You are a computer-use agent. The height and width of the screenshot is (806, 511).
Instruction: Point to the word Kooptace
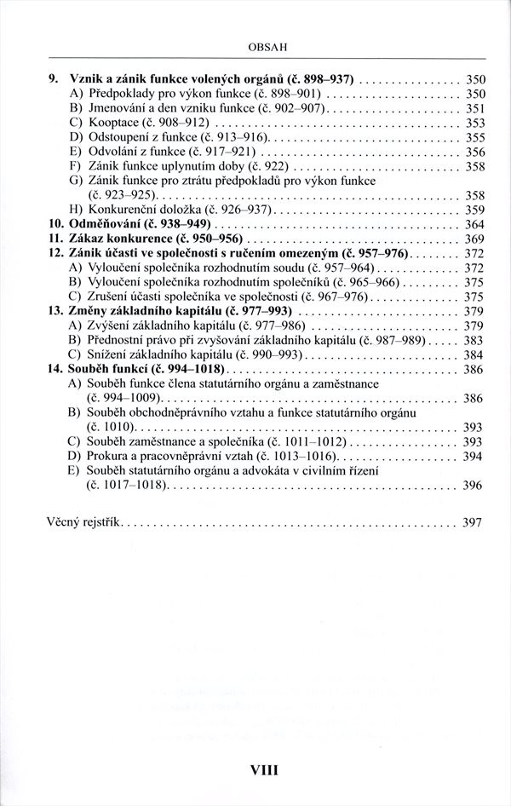tap(112, 122)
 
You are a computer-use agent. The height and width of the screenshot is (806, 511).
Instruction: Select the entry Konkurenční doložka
tap(145, 209)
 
